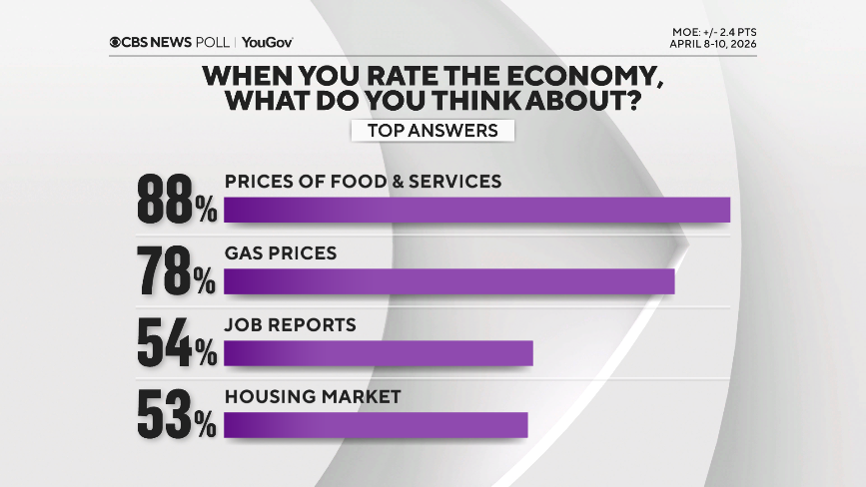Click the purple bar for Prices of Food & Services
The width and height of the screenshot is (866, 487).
477,210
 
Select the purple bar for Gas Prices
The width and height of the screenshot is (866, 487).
449,281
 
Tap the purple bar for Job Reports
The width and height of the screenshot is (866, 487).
379,353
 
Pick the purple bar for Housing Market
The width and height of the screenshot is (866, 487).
376,425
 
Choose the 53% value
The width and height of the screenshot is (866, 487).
177,413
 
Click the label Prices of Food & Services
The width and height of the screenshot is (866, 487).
363,182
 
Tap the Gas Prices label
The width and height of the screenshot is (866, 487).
281,253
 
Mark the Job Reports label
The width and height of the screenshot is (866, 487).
290,325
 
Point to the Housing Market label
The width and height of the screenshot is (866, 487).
313,397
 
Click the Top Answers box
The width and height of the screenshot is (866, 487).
433,131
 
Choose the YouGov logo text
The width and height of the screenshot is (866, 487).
267,42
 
